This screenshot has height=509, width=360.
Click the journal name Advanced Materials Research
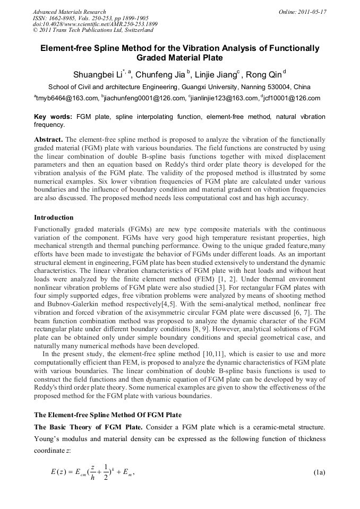tap(69, 12)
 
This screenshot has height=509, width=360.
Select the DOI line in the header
tap(95, 24)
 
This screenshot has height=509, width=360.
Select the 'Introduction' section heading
tap(54, 218)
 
